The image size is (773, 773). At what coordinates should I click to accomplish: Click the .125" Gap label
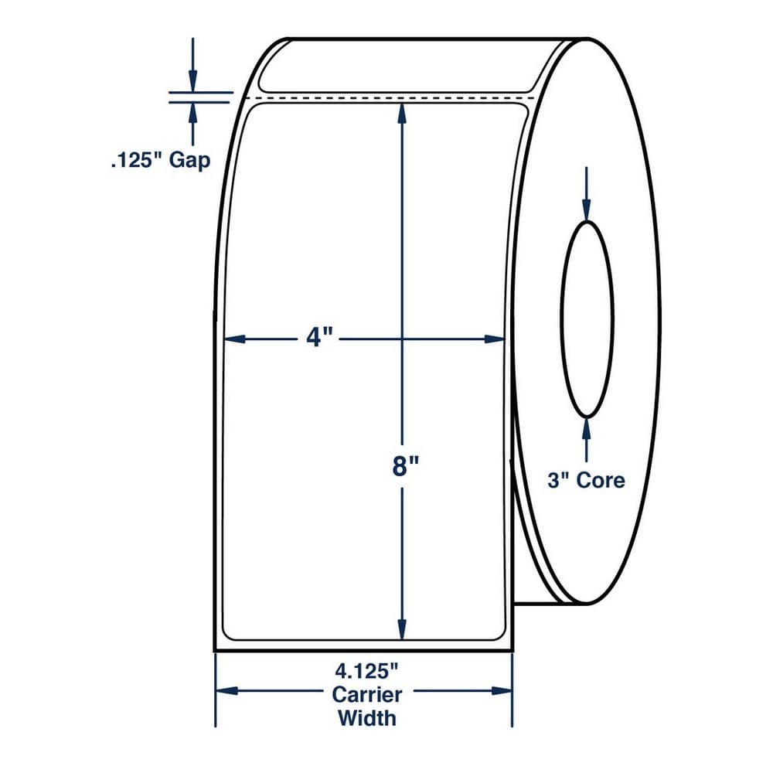pyautogui.click(x=161, y=160)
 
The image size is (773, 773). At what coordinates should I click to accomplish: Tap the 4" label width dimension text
pyautogui.click(x=319, y=339)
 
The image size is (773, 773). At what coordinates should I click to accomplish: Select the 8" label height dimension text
pyautogui.click(x=405, y=466)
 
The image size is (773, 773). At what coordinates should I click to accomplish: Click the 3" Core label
pyautogui.click(x=586, y=480)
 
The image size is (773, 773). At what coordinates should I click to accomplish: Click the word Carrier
pyautogui.click(x=366, y=695)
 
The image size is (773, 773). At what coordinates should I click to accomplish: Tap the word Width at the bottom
pyautogui.click(x=366, y=718)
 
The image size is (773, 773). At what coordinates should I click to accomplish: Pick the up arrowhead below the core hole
pyautogui.click(x=586, y=429)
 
